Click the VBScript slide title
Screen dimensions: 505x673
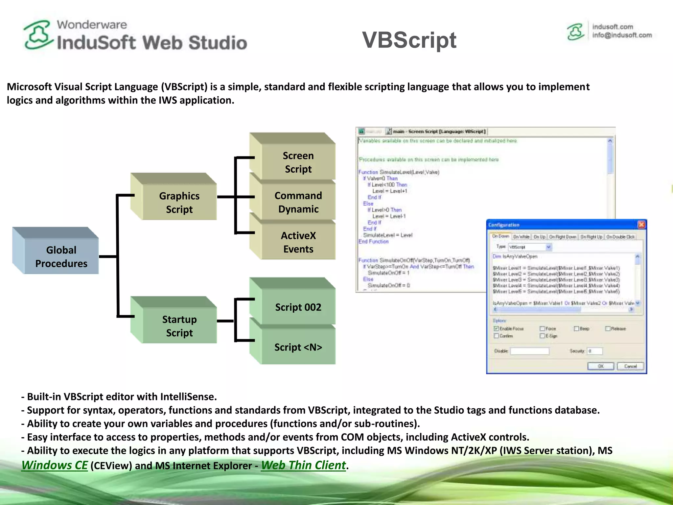tap(409, 40)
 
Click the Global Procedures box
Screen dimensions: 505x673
tap(61, 256)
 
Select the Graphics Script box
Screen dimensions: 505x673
tap(179, 202)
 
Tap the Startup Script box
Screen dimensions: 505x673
tap(179, 326)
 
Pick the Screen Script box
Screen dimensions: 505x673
tap(298, 162)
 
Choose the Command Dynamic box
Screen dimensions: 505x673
tap(298, 202)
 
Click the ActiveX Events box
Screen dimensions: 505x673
tap(298, 242)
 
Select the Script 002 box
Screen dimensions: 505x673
tap(298, 307)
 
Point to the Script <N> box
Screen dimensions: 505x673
tap(298, 347)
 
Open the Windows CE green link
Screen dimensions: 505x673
tap(55, 465)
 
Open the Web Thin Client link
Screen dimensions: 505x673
tap(303, 465)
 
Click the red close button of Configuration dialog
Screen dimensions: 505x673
tap(641, 225)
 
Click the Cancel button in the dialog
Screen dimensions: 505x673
tap(630, 366)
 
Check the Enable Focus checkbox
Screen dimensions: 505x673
tap(496, 328)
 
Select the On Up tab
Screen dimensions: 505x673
tap(539, 237)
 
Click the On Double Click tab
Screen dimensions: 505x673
tap(620, 237)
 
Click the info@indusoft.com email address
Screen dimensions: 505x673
tap(622, 35)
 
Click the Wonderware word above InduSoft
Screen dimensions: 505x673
tap(92, 25)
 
